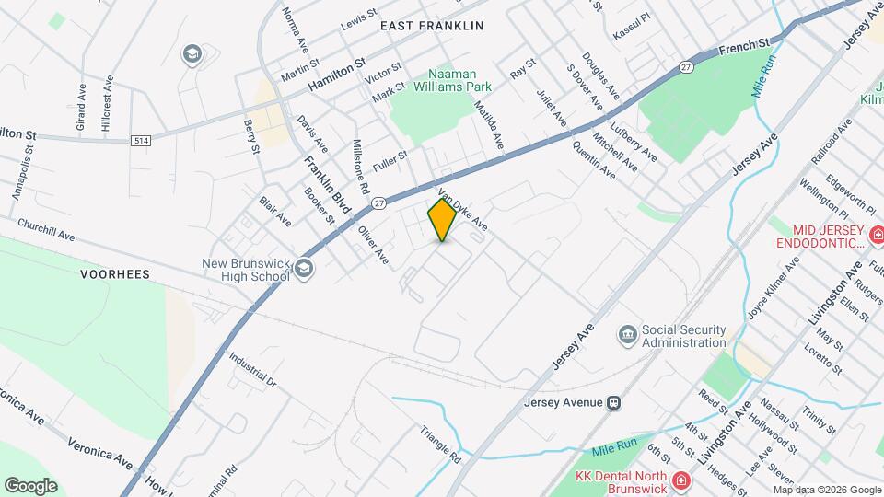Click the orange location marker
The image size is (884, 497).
442,220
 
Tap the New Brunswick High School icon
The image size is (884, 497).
305,268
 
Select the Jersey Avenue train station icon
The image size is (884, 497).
613,402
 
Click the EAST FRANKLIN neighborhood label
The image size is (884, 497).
432,26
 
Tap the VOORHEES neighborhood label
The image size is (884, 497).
115,274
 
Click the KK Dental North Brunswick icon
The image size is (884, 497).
680,480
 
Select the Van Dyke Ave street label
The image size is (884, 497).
462,211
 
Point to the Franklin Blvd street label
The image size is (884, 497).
328,184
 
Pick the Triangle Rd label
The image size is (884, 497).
440,444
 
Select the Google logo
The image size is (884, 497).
30,485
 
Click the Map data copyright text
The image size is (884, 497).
827,490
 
